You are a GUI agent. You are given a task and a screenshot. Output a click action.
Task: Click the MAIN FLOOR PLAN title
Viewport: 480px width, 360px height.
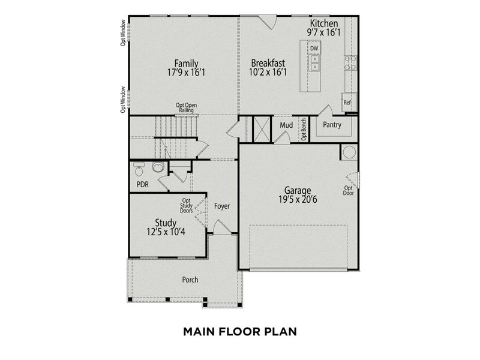click(239, 331)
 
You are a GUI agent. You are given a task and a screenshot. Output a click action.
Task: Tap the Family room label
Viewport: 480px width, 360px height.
click(186, 63)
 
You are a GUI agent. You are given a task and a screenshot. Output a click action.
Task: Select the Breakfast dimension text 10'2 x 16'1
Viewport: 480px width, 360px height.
click(268, 73)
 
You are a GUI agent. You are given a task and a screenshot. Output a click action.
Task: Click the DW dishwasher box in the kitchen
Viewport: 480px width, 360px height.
click(314, 48)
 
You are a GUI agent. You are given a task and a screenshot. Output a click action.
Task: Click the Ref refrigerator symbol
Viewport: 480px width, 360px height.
click(347, 103)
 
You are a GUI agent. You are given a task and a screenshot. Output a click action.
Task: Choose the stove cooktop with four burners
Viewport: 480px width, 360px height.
click(350, 62)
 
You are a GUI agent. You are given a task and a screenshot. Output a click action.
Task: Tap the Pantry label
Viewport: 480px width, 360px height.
click(332, 125)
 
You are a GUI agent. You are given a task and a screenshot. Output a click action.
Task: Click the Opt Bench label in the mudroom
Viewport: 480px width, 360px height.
click(304, 129)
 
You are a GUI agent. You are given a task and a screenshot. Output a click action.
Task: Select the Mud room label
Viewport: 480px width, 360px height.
click(286, 125)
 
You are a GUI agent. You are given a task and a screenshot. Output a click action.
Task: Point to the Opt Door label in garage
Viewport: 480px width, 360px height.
click(348, 190)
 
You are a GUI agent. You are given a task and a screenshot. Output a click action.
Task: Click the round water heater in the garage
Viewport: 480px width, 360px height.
click(349, 152)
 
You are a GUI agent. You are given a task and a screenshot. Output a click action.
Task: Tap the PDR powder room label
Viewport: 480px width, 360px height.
click(143, 184)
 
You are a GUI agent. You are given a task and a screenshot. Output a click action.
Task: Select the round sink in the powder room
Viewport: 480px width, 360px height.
click(158, 167)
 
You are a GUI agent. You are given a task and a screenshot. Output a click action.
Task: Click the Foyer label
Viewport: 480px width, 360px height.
click(222, 206)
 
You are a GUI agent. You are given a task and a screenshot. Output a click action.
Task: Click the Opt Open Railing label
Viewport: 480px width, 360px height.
click(187, 107)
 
